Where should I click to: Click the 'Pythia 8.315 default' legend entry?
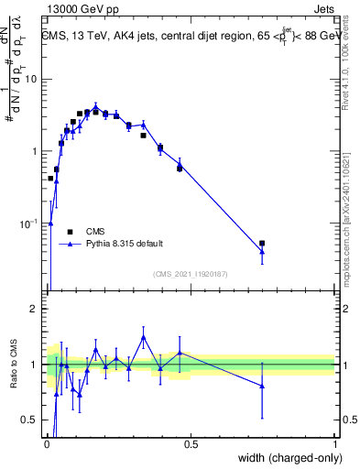(x=125, y=244)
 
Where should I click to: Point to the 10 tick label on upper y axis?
(x=30, y=79)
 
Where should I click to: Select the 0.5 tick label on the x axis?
(x=191, y=444)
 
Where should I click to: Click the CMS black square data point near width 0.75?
(x=262, y=244)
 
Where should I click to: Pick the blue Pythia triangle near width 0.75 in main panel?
(x=262, y=252)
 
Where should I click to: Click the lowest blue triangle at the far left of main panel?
(x=51, y=223)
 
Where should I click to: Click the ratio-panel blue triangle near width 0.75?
(x=262, y=387)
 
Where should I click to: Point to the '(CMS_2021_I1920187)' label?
(x=190, y=274)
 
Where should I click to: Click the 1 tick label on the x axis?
(x=334, y=444)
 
